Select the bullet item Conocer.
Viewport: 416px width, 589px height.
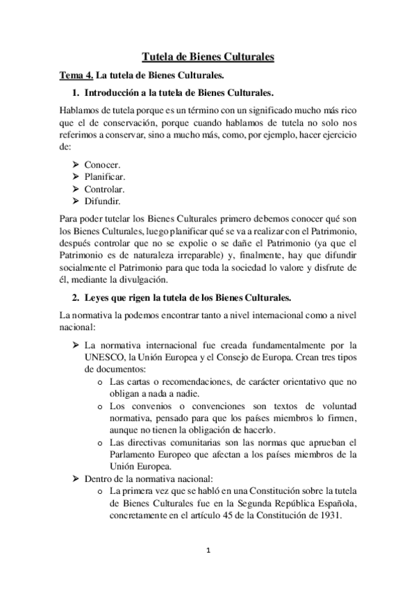coord(102,165)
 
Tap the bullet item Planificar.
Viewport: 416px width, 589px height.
coord(104,176)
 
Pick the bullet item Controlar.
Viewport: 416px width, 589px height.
coord(104,189)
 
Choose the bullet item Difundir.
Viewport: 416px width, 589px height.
coord(102,201)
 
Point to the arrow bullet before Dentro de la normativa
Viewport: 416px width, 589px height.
coord(75,479)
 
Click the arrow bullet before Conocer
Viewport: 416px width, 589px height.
coord(75,165)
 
